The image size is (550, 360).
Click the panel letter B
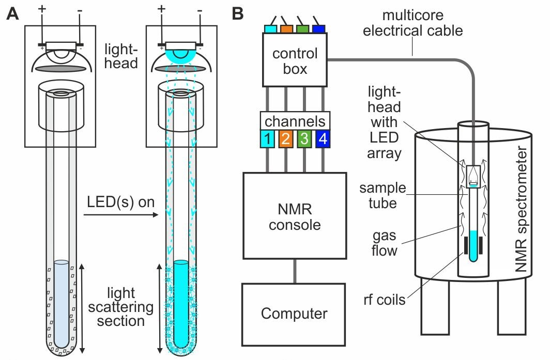[x=238, y=14]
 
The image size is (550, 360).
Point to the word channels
[x=295, y=122]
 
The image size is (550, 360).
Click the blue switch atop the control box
[x=318, y=28]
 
